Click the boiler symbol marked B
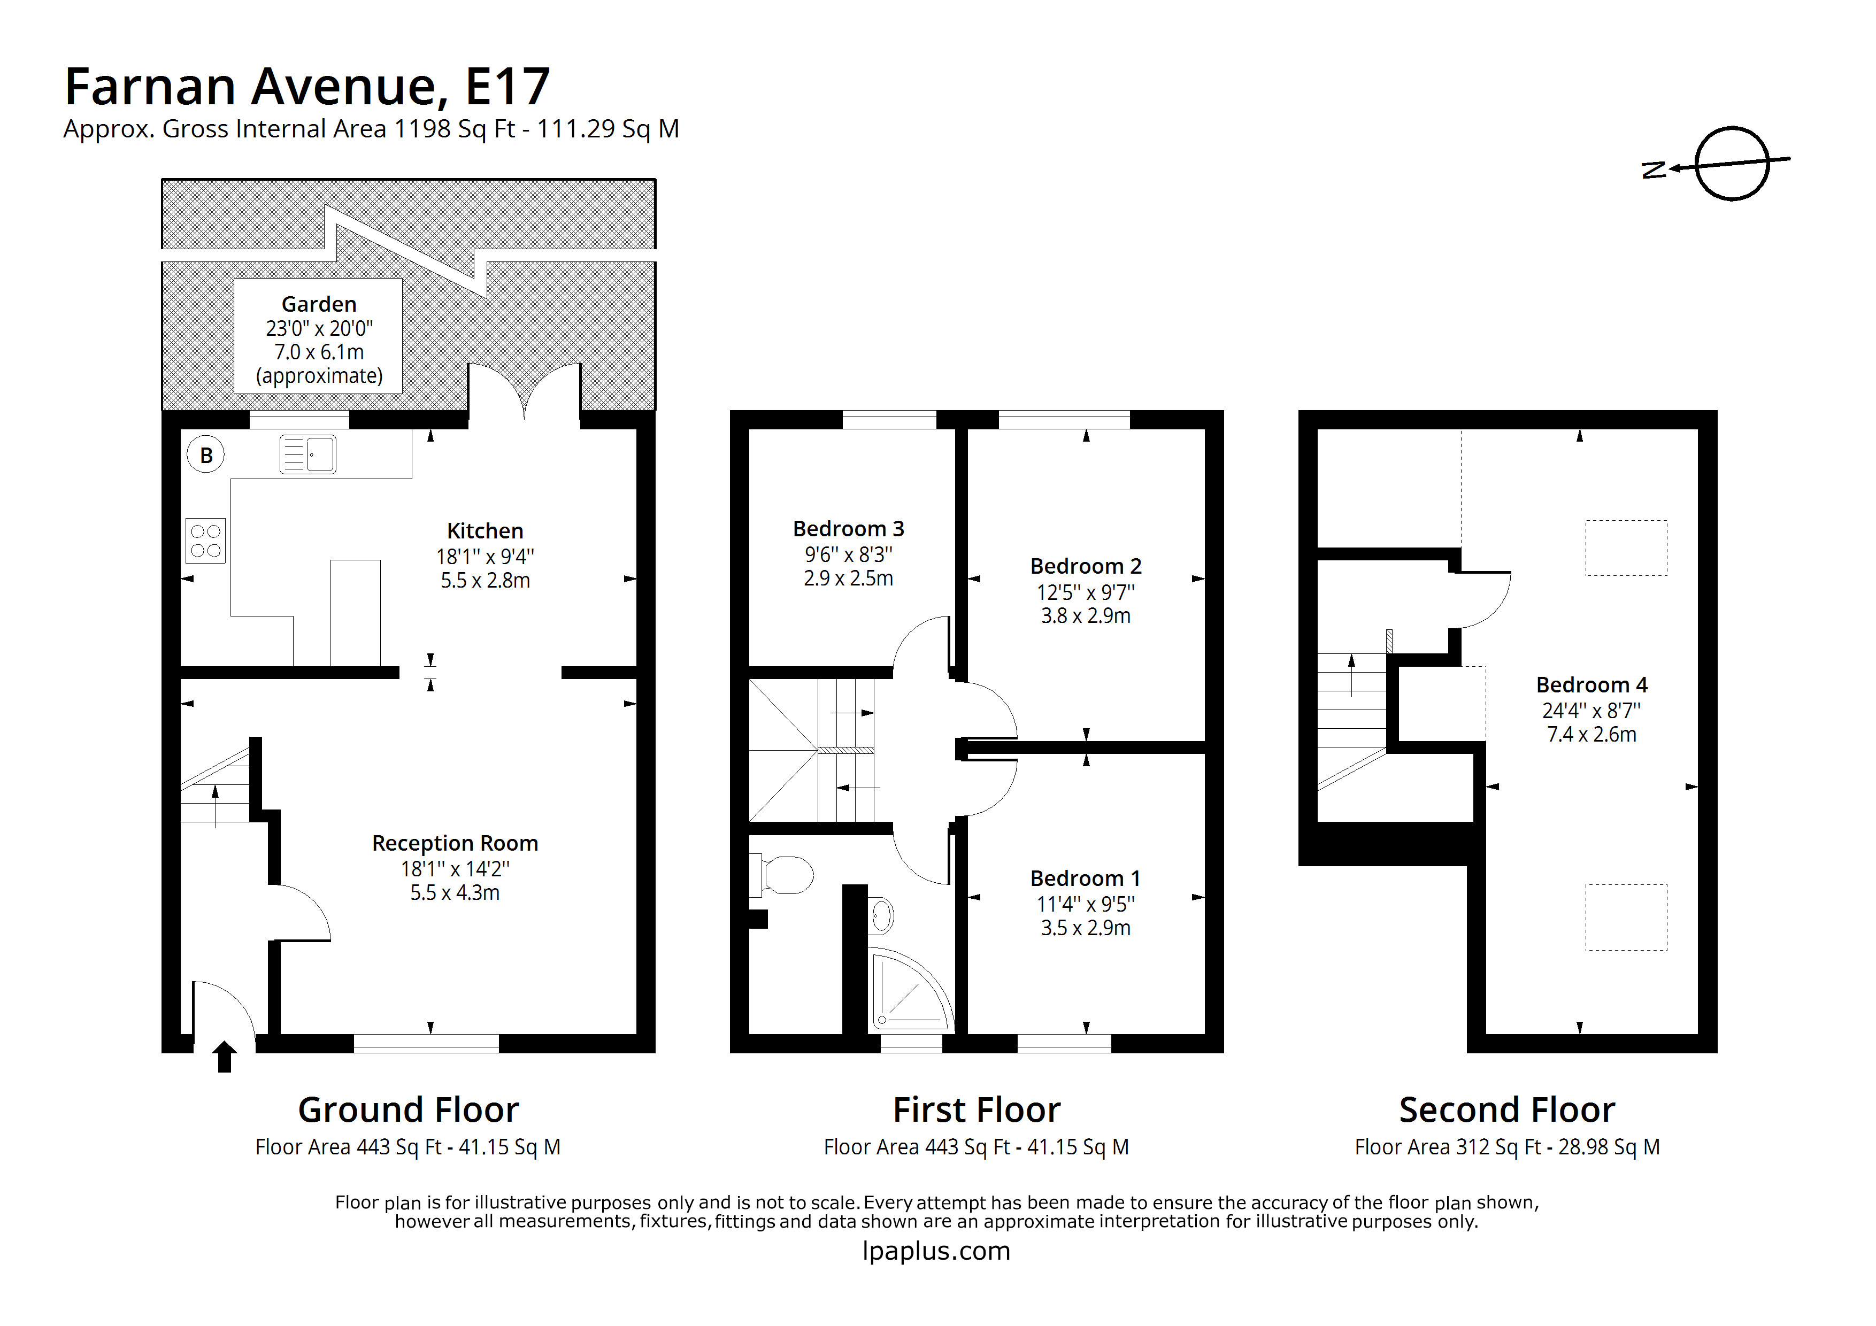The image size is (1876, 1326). (206, 455)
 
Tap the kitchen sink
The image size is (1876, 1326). (307, 455)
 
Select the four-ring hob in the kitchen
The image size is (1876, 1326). (205, 541)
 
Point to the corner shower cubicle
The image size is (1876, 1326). (907, 993)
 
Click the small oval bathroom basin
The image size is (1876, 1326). (882, 916)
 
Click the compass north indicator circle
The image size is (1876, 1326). (1732, 164)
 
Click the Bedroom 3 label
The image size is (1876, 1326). (848, 529)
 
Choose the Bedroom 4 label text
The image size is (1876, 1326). (1591, 684)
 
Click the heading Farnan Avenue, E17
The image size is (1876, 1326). (307, 87)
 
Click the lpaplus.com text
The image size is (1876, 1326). (936, 1251)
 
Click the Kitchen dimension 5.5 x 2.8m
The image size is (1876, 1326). (486, 581)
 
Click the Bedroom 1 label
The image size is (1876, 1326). (1085, 878)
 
